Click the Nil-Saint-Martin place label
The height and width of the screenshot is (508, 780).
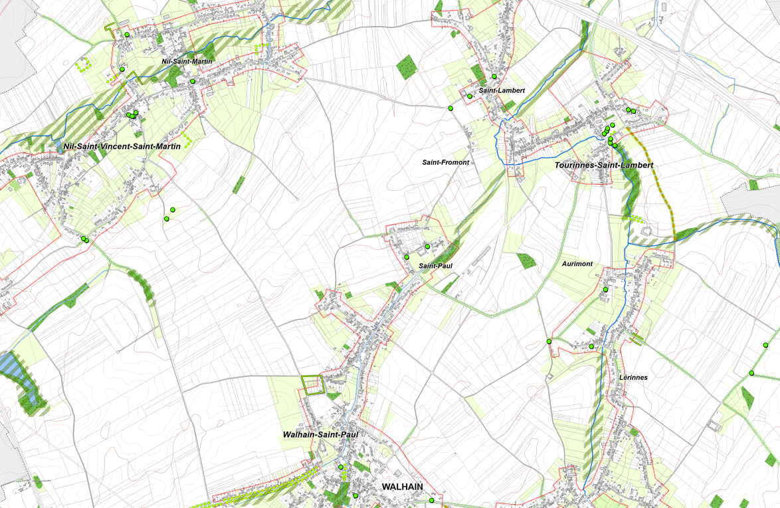click(187, 61)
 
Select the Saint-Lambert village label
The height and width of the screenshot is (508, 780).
click(502, 90)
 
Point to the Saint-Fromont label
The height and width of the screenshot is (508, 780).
click(446, 162)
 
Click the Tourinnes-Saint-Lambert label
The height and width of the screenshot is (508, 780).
click(603, 165)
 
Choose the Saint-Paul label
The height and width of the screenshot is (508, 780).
click(436, 266)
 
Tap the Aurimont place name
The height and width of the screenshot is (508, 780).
click(577, 264)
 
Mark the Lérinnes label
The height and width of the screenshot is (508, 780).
click(633, 377)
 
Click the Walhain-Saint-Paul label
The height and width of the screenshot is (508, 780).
click(320, 434)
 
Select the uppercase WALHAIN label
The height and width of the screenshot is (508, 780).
click(402, 487)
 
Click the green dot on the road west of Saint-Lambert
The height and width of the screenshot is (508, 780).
click(450, 108)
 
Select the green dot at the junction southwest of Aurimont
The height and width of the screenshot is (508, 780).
click(549, 341)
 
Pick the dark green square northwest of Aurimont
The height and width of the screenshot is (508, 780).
click(526, 260)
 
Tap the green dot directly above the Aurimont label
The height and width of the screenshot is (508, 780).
click(605, 289)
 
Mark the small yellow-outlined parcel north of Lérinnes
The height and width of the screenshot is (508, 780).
click(637, 339)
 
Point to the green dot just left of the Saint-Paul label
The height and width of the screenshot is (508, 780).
click(407, 257)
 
